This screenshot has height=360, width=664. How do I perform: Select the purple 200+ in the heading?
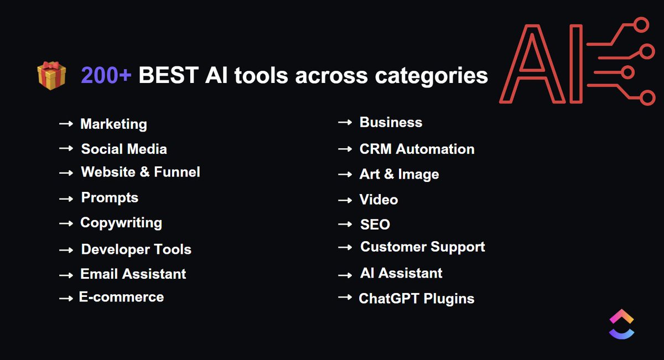pyautogui.click(x=106, y=75)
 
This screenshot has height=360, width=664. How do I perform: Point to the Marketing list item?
pyautogui.click(x=113, y=124)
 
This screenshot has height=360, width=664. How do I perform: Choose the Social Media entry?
pyautogui.click(x=124, y=149)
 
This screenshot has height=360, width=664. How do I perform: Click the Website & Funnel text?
pyautogui.click(x=141, y=173)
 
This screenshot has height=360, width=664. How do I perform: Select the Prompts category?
pyautogui.click(x=110, y=198)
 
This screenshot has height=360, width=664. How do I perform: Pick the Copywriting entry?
pyautogui.click(x=121, y=223)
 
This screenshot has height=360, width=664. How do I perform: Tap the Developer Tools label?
pyautogui.click(x=136, y=249)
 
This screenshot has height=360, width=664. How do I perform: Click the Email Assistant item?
pyautogui.click(x=133, y=274)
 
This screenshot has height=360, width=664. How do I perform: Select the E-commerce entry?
pyautogui.click(x=121, y=298)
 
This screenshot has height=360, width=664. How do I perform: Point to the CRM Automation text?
pyautogui.click(x=417, y=149)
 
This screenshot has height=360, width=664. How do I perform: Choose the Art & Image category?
pyautogui.click(x=399, y=174)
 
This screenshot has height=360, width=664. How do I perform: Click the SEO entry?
pyautogui.click(x=375, y=225)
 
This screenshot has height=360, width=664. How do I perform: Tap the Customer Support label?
pyautogui.click(x=423, y=247)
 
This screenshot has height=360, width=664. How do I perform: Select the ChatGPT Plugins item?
pyautogui.click(x=417, y=299)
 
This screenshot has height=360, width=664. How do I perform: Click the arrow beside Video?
pyautogui.click(x=345, y=200)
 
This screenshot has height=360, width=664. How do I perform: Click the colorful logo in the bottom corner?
pyautogui.click(x=621, y=324)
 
